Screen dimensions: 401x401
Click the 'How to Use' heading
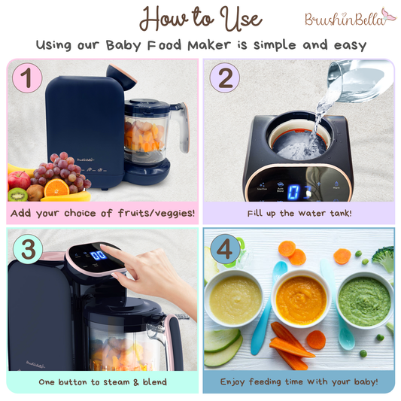[200, 18]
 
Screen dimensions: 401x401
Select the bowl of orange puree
[300, 299]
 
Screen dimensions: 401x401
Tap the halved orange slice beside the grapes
[56, 189]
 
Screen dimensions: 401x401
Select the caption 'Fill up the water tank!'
[299, 213]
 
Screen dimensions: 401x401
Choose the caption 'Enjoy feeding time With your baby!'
[299, 382]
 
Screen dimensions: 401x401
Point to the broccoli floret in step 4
[384, 260]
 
